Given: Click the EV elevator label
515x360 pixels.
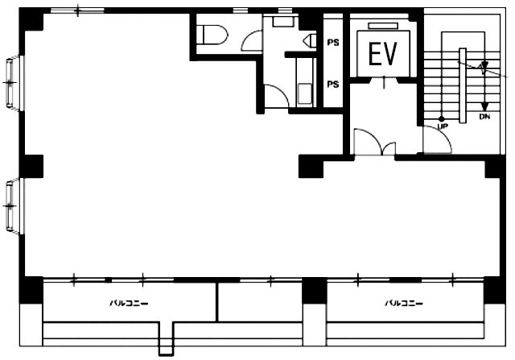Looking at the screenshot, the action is click(x=383, y=54).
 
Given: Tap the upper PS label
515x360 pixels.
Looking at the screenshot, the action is click(x=333, y=43).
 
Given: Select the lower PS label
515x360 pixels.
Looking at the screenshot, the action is click(x=333, y=85).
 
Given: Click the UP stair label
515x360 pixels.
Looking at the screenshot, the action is click(x=443, y=126).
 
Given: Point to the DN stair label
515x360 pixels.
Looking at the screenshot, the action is click(x=484, y=117).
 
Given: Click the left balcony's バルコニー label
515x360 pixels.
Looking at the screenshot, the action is click(x=129, y=303).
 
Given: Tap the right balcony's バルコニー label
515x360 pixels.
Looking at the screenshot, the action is click(x=404, y=303).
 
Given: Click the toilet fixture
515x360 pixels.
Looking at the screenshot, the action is click(x=212, y=35).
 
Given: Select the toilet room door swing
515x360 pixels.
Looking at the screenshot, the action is click(x=251, y=41).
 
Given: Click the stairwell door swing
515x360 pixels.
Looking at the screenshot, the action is click(x=438, y=139).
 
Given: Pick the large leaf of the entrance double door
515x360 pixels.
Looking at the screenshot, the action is click(x=369, y=142).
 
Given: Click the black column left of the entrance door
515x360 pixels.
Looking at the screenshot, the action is click(x=311, y=167).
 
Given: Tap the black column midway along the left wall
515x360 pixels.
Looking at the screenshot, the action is click(x=31, y=167).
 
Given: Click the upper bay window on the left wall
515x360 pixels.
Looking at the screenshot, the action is click(x=14, y=82).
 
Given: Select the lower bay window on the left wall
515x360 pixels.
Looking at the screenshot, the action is click(x=14, y=206).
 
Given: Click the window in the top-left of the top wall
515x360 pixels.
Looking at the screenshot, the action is click(x=77, y=10).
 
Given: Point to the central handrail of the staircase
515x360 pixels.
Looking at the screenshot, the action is click(x=463, y=86).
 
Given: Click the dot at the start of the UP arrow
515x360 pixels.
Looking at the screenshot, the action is click(x=442, y=118).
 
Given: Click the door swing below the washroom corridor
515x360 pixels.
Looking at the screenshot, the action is click(x=277, y=95).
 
